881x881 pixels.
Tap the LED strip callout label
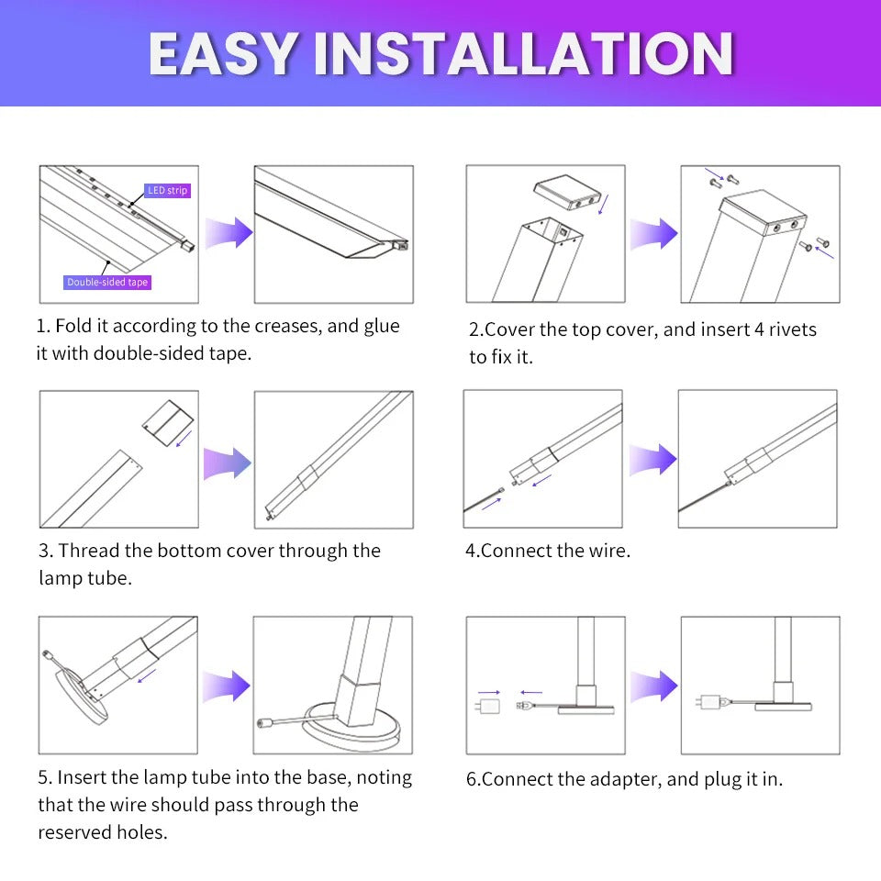168,191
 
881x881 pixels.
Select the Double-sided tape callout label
107,283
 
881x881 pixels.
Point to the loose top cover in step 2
568,193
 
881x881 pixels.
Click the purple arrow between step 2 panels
652,233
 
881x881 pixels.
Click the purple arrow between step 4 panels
652,458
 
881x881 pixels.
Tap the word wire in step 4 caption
609,551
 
